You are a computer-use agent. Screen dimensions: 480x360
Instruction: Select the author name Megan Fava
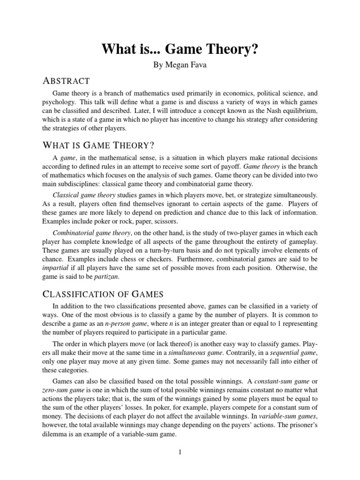(x=180, y=65)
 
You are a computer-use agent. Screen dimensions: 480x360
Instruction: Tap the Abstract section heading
(x=66, y=81)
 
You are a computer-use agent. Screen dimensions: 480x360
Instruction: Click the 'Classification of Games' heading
(x=103, y=294)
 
